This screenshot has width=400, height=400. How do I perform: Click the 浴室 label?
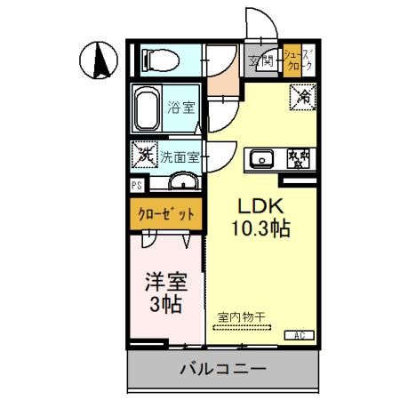point(182,108)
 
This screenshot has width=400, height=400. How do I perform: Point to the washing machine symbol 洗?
point(144,155)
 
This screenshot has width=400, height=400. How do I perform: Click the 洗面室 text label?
point(180,156)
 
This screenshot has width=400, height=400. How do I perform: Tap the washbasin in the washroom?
point(184,182)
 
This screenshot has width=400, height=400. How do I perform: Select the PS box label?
point(137,186)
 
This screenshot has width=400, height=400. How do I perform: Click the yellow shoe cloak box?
point(296,60)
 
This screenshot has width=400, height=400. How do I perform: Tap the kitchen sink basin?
point(261,159)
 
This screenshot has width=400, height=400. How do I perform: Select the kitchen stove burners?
point(299,159)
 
